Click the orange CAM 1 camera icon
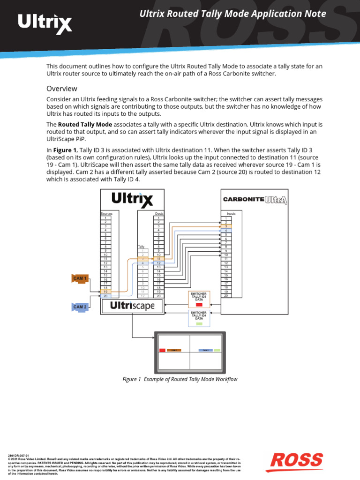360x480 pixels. click(x=80, y=278)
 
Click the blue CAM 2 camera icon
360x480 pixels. click(x=80, y=307)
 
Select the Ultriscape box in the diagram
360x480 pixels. click(x=132, y=306)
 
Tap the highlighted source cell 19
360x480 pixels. click(x=105, y=292)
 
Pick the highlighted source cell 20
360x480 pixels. click(x=105, y=296)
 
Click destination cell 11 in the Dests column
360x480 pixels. click(x=158, y=259)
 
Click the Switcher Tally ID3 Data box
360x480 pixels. click(x=199, y=299)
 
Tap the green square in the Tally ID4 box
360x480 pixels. click(x=199, y=324)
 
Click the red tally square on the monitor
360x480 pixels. click(x=162, y=350)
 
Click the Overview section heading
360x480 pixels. click(x=61, y=89)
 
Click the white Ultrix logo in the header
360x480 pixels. click(x=45, y=23)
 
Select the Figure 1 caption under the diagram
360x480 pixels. click(x=180, y=379)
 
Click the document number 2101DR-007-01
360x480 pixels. click(x=19, y=455)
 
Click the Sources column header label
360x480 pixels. click(x=106, y=214)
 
